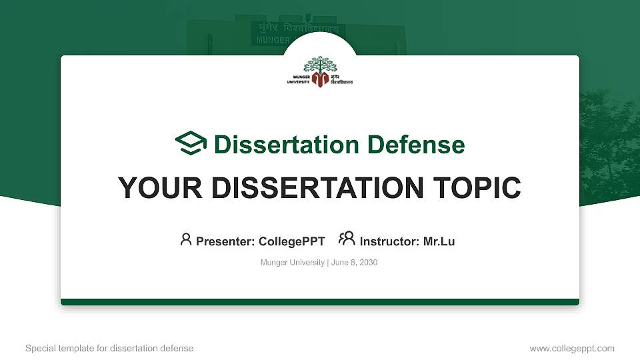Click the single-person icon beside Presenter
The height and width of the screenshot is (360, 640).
pyautogui.click(x=186, y=239)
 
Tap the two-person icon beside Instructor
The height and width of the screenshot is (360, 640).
pyautogui.click(x=347, y=239)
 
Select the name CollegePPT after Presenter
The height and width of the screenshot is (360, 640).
pyautogui.click(x=291, y=241)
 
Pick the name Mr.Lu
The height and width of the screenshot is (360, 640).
pyautogui.click(x=439, y=241)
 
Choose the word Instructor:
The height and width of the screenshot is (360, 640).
pyautogui.click(x=390, y=241)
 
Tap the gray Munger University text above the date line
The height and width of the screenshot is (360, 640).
pyautogui.click(x=292, y=263)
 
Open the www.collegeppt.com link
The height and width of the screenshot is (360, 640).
pyautogui.click(x=572, y=348)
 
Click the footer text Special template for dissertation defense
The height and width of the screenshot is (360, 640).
pyautogui.click(x=109, y=348)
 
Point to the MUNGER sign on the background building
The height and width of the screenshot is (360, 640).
pyautogui.click(x=271, y=40)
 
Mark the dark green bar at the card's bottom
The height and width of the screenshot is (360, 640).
pyautogui.click(x=320, y=302)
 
